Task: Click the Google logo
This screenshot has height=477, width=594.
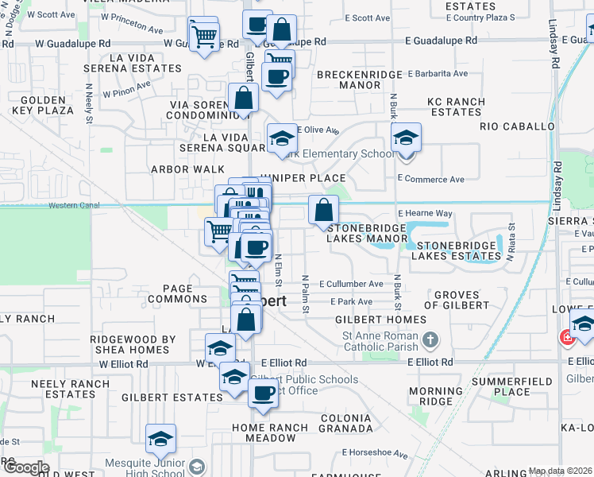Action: (x=25, y=467)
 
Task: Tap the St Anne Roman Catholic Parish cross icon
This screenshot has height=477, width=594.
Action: (x=430, y=341)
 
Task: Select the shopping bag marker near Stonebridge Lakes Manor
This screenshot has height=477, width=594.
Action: (x=323, y=211)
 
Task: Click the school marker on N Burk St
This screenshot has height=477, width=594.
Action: (x=406, y=138)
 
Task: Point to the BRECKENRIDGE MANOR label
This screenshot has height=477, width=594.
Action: (x=350, y=79)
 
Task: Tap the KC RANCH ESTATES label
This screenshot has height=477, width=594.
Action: (x=455, y=107)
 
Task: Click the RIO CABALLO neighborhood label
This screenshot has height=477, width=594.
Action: (x=517, y=126)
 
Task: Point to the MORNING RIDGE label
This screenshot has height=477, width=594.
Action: (x=435, y=396)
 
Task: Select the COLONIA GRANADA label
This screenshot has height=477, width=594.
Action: (x=345, y=423)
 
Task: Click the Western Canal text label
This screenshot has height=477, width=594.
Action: (x=73, y=205)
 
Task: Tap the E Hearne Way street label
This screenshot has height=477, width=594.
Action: (x=425, y=214)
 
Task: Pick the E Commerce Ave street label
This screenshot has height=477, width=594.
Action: (x=430, y=180)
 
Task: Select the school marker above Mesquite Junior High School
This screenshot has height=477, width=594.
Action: (x=160, y=439)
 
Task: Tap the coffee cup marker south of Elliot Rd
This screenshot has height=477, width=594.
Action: (x=263, y=392)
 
